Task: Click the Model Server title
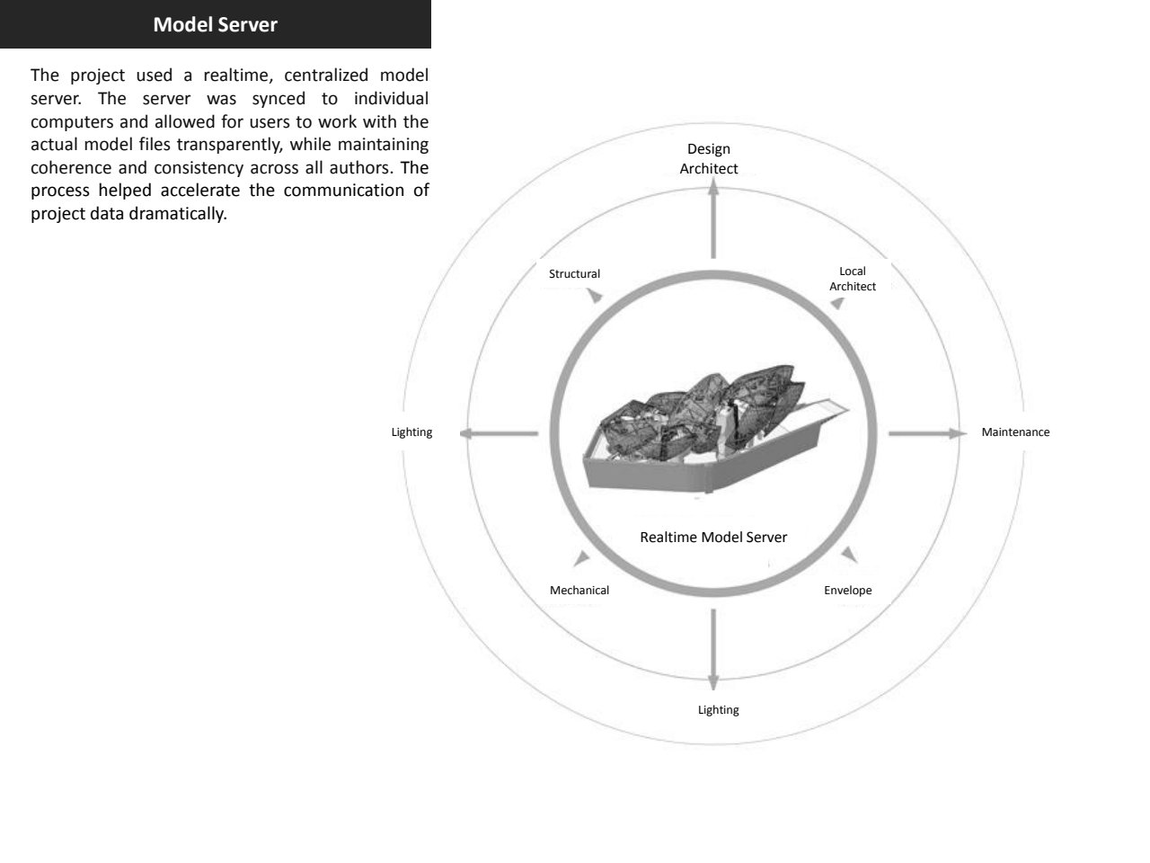(215, 24)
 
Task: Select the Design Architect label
(709, 158)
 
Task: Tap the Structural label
(574, 273)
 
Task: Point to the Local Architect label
(852, 279)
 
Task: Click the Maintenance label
(1015, 432)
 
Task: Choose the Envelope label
(847, 591)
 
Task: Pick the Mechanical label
(579, 591)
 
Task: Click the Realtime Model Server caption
(713, 538)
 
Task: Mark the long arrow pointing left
(499, 433)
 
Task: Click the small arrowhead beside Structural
(595, 296)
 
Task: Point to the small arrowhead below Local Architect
(837, 304)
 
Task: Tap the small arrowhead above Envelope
(849, 555)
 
